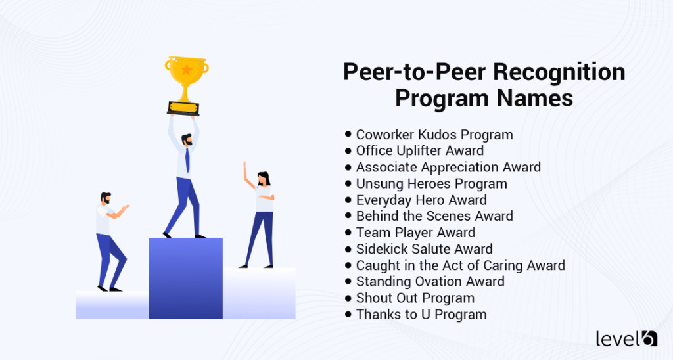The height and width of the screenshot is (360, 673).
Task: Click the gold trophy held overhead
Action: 187,82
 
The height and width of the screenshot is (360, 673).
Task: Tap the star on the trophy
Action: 187,70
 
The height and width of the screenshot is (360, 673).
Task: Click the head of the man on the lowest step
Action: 106,199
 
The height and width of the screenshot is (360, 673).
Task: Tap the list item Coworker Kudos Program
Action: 434,135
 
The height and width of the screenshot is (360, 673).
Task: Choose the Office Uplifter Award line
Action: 419,151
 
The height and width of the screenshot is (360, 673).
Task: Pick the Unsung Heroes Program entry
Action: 431,183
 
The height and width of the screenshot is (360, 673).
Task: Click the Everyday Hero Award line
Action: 421,200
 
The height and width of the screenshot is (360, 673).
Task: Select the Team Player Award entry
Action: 415,233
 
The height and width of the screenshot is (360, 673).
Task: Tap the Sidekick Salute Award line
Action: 424,249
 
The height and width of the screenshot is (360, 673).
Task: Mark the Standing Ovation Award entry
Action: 430,281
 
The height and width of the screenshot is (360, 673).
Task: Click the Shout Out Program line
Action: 415,298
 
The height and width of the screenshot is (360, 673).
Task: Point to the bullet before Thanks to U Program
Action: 348,314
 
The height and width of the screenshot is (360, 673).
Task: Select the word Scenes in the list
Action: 450,216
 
